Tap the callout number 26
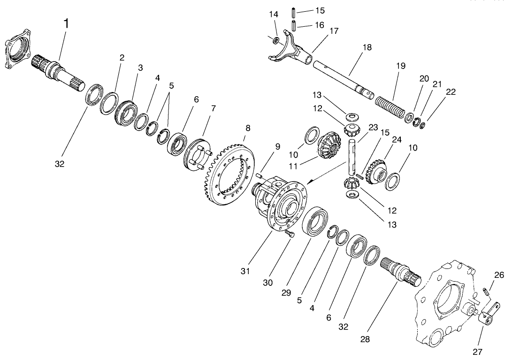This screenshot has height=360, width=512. pyautogui.click(x=499, y=275)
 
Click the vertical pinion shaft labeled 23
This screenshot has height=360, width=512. pyautogui.click(x=351, y=157)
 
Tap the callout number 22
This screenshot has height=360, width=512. pyautogui.click(x=451, y=92)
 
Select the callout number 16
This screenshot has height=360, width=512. pyautogui.click(x=319, y=25)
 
